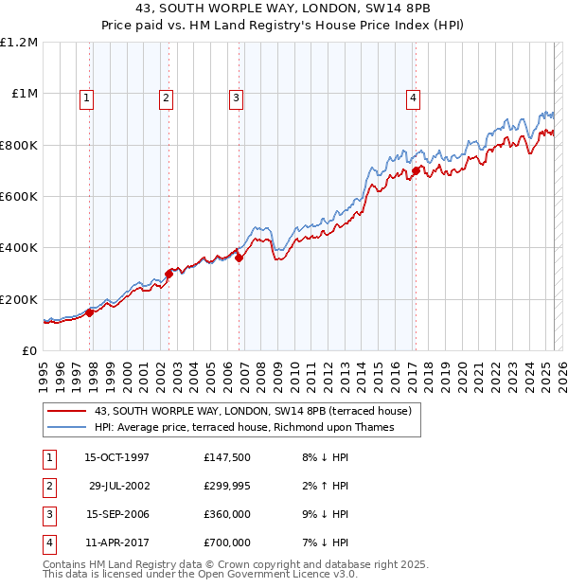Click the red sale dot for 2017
pos(415,171)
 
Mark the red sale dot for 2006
pos(239,258)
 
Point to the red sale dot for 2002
pos(169,274)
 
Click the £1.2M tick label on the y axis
pos(19,43)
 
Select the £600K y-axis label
pos(19,197)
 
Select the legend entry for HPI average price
pos(243,427)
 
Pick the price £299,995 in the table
pos(227,486)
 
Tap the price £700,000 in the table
pos(227,543)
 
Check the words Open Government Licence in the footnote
pos(281,574)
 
